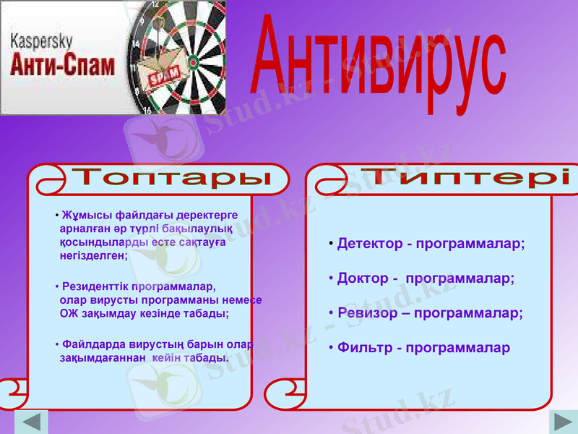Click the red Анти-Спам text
[x=63, y=67]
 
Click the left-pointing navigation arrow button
[x=30, y=422]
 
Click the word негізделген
[x=93, y=255]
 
